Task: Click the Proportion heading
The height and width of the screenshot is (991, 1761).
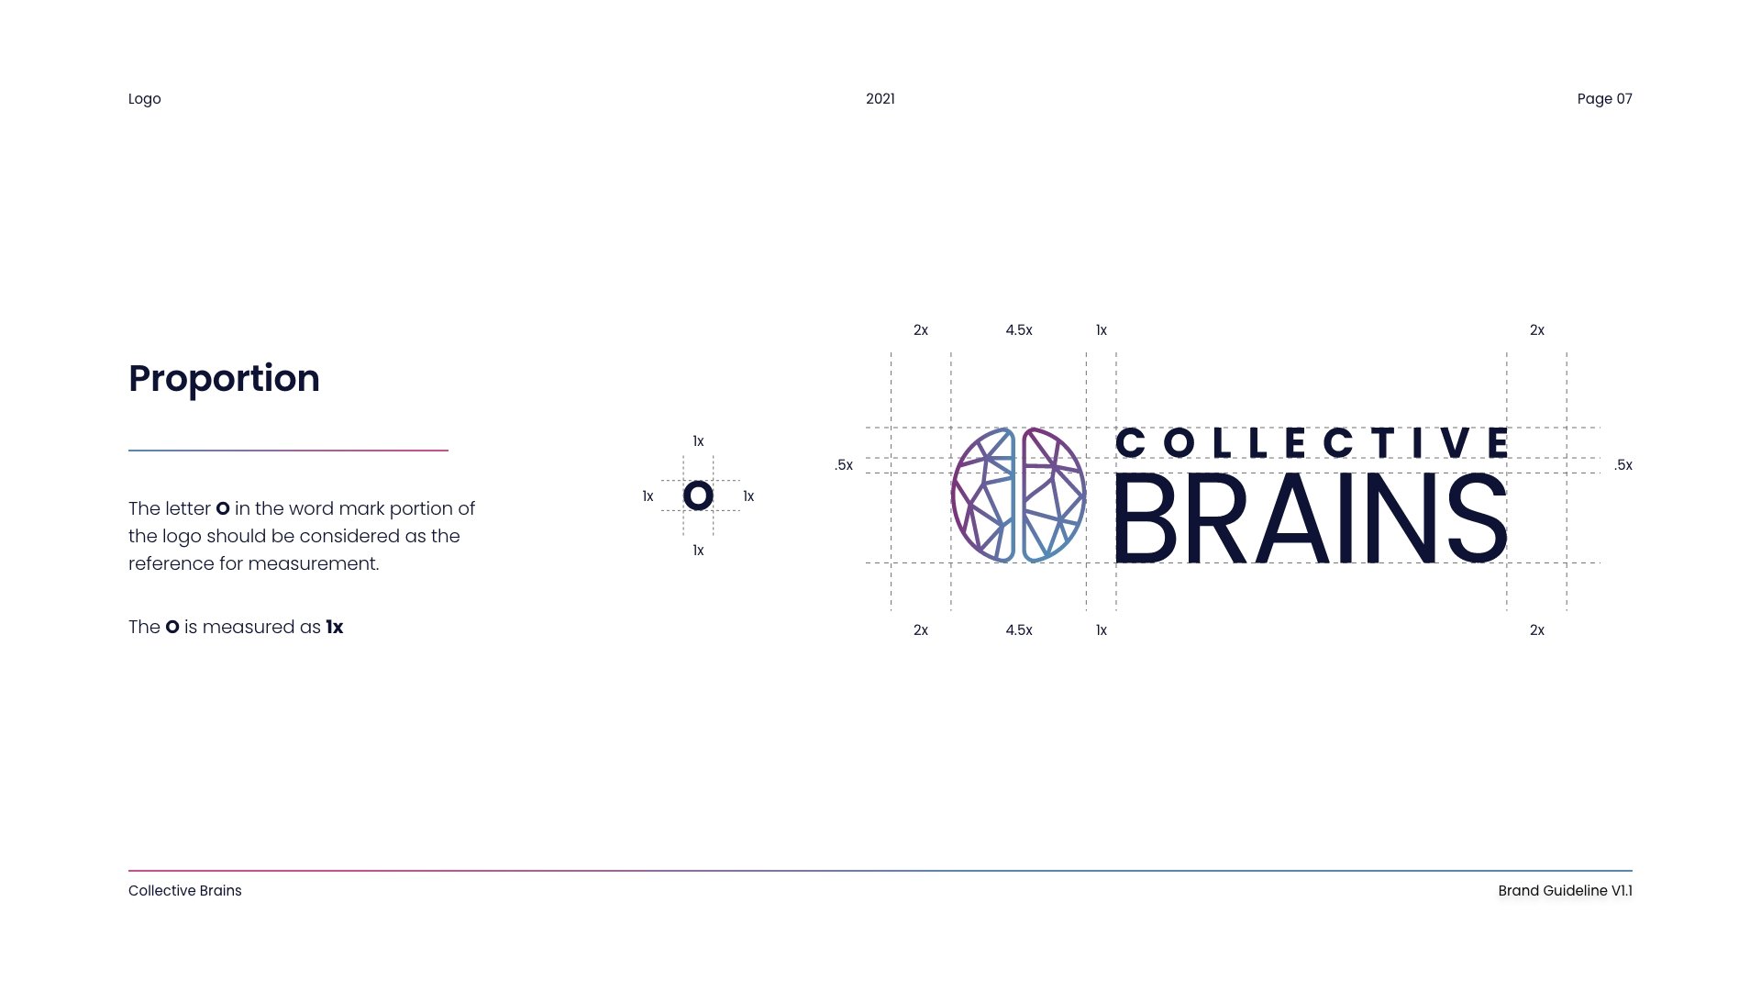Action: click(x=224, y=378)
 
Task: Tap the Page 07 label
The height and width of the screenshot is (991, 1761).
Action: click(x=1604, y=99)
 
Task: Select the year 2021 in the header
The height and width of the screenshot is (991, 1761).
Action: click(x=880, y=99)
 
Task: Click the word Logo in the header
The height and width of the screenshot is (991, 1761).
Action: click(x=144, y=99)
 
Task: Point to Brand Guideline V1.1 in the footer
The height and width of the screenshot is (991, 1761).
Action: click(x=1565, y=891)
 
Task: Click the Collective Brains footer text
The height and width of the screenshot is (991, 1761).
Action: click(x=184, y=891)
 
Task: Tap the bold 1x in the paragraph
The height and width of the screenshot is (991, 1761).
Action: click(x=335, y=628)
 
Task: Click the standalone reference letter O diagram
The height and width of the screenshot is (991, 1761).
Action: click(x=698, y=495)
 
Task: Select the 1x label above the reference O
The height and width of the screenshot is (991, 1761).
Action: click(x=698, y=441)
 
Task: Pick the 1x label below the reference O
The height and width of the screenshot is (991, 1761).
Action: click(x=698, y=551)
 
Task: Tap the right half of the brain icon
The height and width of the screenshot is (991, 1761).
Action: click(x=1053, y=495)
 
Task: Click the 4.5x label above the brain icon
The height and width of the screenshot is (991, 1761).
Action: click(x=1018, y=330)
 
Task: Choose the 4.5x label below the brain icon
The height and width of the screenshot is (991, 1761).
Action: click(x=1018, y=630)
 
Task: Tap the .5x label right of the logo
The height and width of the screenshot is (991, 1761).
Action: click(x=1623, y=465)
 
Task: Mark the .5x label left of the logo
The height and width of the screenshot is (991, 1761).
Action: click(x=844, y=465)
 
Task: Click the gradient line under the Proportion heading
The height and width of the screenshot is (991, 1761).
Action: click(x=288, y=451)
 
